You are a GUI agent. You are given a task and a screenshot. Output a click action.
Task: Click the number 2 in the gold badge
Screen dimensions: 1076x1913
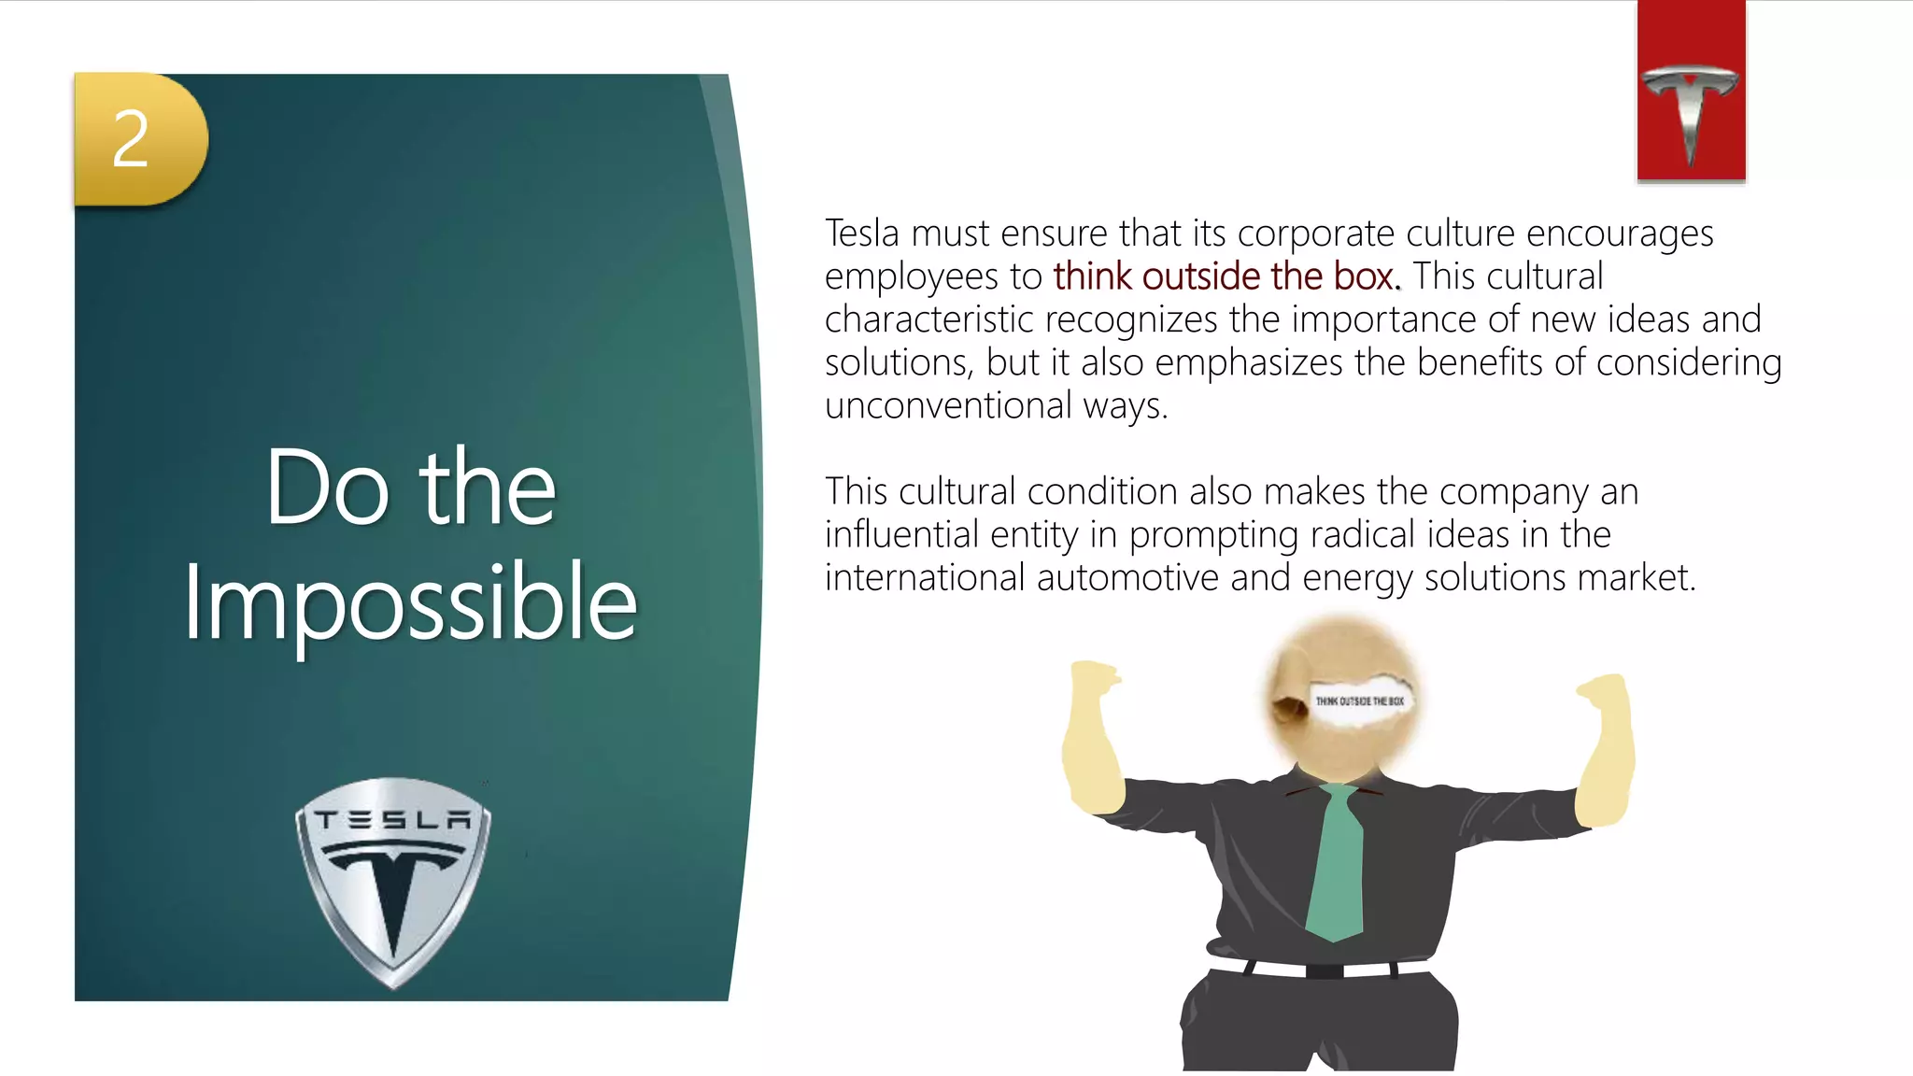131,139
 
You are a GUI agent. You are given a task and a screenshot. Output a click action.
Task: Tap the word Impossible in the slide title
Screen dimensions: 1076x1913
410,602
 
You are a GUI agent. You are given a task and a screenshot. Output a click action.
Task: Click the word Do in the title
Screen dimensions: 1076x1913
327,488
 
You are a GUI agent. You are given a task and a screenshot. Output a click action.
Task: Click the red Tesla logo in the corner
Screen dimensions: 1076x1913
1691,92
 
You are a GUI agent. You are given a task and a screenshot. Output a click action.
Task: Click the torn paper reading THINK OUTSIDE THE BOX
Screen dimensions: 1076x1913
1359,701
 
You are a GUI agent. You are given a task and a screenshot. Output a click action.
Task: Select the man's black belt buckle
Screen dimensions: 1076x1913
1324,970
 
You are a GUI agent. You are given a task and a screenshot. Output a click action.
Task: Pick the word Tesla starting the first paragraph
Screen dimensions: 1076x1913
861,234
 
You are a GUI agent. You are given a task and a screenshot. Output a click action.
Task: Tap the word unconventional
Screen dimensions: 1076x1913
947,405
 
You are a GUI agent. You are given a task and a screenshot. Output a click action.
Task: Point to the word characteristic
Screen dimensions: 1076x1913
928,319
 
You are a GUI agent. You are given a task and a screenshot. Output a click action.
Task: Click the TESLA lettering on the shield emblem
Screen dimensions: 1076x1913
393,821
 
